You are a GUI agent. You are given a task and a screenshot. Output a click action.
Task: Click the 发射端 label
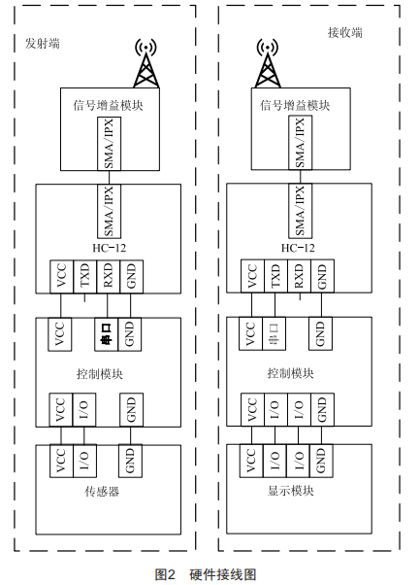(42, 44)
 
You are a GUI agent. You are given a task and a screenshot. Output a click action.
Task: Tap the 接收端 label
(344, 32)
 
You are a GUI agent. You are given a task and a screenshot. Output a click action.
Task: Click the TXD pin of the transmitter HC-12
(85, 276)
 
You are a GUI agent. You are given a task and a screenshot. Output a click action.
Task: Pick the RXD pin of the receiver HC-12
(299, 276)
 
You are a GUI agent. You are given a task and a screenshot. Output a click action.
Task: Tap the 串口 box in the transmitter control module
(106, 334)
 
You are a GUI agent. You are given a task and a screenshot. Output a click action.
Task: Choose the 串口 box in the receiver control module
(274, 333)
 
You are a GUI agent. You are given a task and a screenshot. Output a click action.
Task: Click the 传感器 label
(102, 492)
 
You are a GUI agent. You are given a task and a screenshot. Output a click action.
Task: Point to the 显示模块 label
(290, 490)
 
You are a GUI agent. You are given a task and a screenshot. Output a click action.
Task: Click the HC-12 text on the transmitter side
(109, 248)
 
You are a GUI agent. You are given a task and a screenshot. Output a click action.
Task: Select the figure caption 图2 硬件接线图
(206, 574)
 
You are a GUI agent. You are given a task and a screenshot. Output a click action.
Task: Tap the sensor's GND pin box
(130, 461)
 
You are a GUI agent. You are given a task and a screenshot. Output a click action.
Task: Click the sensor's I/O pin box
(84, 461)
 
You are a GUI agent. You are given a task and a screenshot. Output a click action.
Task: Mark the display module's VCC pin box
(251, 461)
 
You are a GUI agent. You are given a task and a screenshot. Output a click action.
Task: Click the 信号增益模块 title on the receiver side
(295, 105)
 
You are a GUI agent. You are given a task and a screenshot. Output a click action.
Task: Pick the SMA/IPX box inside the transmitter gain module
(109, 144)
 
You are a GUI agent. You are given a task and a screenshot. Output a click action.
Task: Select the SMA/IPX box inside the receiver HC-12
(300, 211)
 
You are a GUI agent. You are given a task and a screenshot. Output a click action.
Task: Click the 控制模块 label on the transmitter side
(99, 373)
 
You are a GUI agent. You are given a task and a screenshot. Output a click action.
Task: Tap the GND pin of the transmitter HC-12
(132, 276)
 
